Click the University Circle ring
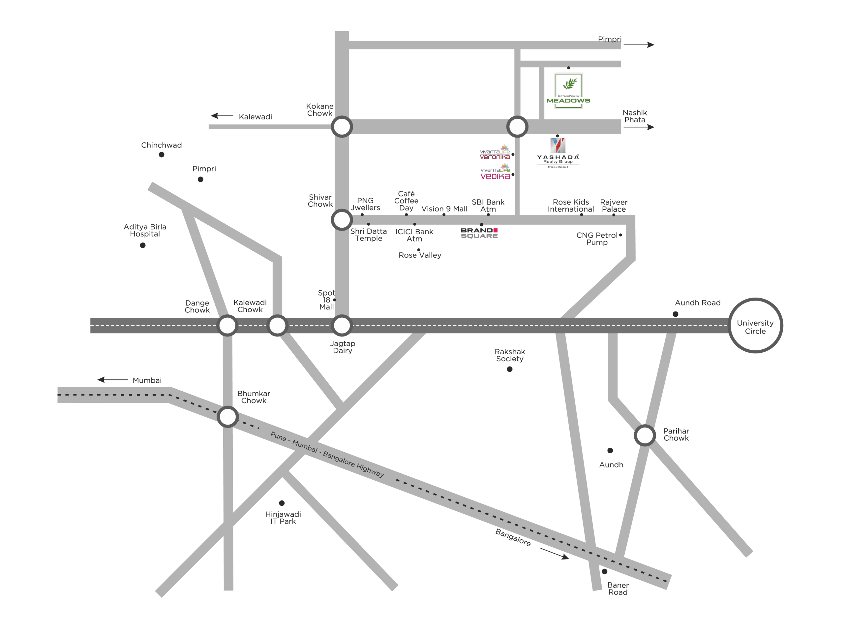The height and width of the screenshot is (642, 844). [755, 326]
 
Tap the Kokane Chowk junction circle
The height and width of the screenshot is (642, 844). [342, 126]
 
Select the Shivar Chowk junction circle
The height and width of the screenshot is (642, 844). [342, 220]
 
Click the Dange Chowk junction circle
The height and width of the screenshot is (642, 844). [227, 326]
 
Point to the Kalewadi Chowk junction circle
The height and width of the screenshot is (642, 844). [277, 326]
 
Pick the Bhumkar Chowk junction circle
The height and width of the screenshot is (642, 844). [227, 417]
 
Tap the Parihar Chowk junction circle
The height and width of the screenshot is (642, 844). [645, 435]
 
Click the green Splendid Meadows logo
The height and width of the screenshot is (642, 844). [568, 91]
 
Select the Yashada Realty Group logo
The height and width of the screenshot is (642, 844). [558, 152]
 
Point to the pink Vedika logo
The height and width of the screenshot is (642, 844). [495, 173]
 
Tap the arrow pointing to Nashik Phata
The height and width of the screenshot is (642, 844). [645, 127]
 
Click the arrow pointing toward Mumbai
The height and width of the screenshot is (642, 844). [112, 380]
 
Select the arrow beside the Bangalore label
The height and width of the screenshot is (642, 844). [555, 553]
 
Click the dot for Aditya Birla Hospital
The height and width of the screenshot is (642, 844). [142, 245]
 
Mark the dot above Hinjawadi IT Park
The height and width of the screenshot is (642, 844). [282, 503]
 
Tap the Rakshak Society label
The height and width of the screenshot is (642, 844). [510, 355]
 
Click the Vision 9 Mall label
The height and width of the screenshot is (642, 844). [444, 209]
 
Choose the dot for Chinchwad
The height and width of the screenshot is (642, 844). [162, 155]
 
